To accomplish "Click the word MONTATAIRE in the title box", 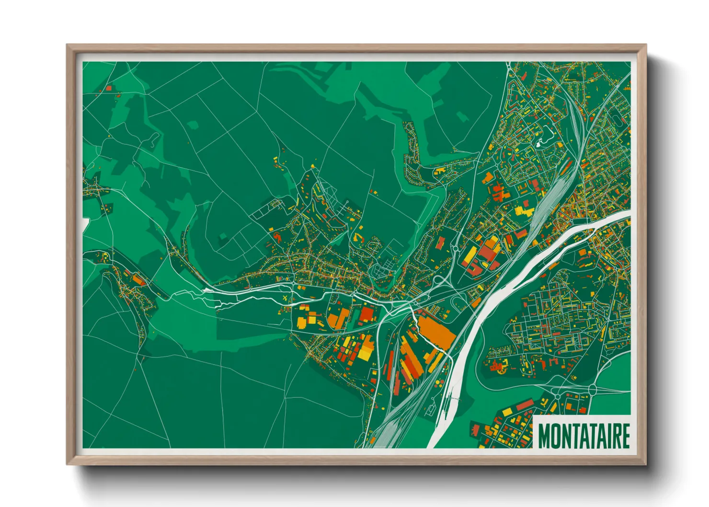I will (583, 436).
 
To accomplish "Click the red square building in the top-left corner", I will (108, 88).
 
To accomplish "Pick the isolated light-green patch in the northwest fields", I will (193, 125).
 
